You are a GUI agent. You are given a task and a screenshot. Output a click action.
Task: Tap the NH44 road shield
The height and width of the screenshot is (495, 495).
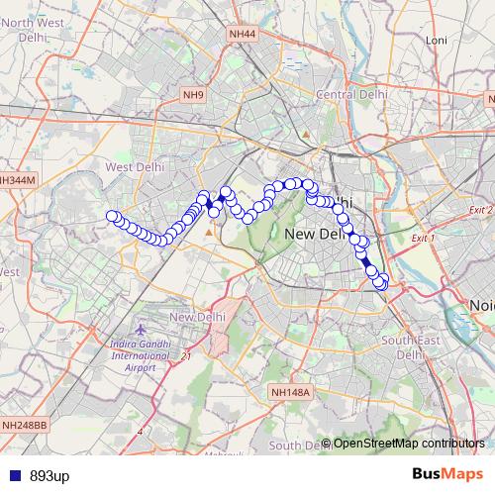[242, 34]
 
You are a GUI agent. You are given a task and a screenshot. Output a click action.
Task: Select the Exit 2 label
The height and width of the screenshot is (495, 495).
[481, 210]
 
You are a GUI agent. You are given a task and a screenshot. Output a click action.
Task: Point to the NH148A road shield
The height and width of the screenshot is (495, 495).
[290, 392]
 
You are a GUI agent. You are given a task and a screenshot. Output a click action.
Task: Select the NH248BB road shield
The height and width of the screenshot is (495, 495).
[24, 426]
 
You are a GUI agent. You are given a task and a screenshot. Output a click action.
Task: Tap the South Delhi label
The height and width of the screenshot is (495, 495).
[297, 445]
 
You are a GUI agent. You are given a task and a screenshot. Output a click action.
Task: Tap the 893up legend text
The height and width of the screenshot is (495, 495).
[49, 476]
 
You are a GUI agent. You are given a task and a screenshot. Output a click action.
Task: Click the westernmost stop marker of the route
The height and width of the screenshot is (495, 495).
[112, 217]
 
